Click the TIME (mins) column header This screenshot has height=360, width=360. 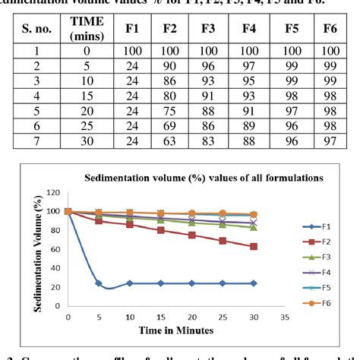tap(87, 30)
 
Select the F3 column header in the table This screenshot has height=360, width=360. tap(207, 30)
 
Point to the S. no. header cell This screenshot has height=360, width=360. tap(34, 30)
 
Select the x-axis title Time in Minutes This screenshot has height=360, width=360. tap(176, 331)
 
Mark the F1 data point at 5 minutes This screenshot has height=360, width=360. tap(99, 283)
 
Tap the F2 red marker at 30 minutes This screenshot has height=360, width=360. tap(254, 246)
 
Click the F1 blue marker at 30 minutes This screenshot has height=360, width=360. tap(254, 283)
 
